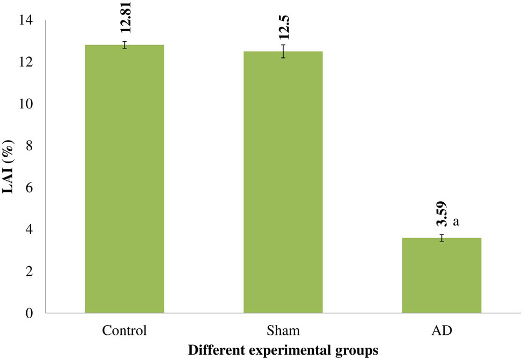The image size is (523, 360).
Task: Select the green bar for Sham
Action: click(283, 182)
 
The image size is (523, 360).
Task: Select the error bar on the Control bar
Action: click(124, 45)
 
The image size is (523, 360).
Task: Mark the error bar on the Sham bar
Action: click(283, 52)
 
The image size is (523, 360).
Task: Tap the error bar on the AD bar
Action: click(442, 238)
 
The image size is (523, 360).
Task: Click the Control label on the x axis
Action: click(124, 329)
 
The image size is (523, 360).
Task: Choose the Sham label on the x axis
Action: click(283, 329)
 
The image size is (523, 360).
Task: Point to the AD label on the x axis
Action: click(442, 329)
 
